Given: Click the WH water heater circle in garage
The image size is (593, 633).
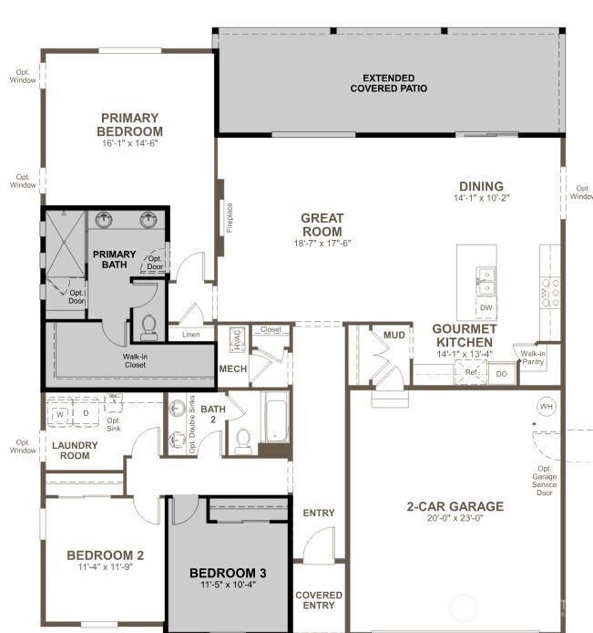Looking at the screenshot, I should pos(547,406).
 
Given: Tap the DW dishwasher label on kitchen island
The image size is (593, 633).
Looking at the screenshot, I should pos(486,307).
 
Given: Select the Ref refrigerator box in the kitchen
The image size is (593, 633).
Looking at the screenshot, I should pos(471,372).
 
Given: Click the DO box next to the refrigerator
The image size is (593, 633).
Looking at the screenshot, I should pos(501,373).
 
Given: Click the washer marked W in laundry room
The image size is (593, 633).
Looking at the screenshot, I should pos(61,413).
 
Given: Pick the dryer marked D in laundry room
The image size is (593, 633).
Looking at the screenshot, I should pos(87,413).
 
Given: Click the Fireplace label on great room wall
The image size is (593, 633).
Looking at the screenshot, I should pos(230,217).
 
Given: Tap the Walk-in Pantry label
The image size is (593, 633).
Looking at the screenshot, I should pos(532,358).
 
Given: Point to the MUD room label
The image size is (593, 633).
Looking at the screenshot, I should pos(394,336).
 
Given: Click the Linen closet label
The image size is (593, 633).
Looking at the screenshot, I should pos(190,335).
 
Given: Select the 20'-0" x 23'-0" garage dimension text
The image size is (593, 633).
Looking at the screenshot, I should pos(455,518).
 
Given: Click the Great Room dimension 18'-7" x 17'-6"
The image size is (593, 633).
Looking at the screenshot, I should pos(322,243).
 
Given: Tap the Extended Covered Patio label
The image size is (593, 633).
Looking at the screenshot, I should pos(389,83).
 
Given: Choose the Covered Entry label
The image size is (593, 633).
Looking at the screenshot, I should pos(319,600).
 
